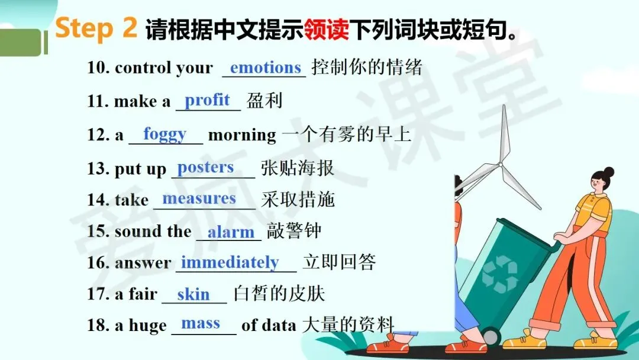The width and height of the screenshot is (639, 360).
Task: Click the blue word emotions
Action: click(265, 67)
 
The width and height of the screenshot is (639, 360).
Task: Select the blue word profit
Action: click(207, 100)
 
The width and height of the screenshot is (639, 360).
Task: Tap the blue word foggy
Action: click(164, 134)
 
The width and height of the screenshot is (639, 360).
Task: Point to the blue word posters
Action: click(205, 168)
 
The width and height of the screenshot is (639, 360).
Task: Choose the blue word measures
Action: click(199, 198)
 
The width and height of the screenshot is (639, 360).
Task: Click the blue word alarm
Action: click(231, 232)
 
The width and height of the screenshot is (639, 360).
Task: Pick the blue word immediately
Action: click(230, 262)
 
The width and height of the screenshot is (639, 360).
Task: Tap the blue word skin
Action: click(193, 294)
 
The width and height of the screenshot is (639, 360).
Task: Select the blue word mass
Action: click(201, 324)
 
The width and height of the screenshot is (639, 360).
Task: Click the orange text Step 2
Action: click(96, 28)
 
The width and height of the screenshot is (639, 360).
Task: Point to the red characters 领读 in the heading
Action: click(327, 30)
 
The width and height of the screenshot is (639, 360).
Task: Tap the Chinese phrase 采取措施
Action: click(298, 200)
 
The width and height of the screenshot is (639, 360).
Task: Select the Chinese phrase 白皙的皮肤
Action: click(279, 294)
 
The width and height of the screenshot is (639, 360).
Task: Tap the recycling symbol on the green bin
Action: click(500, 274)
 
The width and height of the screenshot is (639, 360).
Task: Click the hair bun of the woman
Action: click(608, 172)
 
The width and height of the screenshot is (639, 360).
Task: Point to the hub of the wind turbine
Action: click(500, 165)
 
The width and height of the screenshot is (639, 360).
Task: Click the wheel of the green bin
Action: click(491, 337)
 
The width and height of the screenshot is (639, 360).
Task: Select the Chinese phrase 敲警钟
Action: click(294, 231)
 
